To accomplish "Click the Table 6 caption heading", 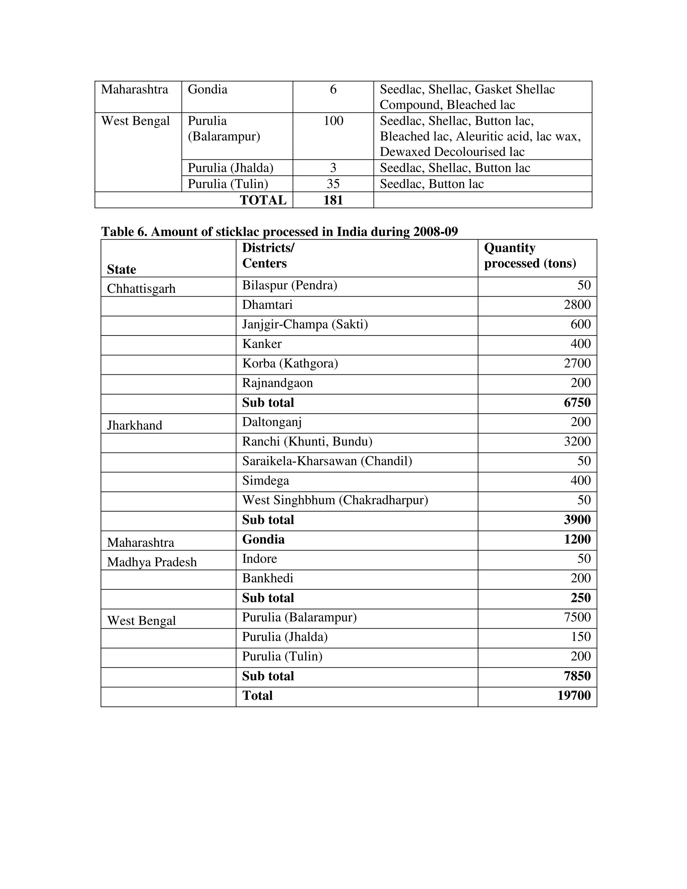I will pos(279,231).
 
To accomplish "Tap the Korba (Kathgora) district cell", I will pos(290,363).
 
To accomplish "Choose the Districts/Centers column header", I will pos(268,256).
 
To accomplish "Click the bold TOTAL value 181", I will pos(333,200).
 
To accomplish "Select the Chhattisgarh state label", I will pos(141,289).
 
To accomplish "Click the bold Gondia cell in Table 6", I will pos(263,539).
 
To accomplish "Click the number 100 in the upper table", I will pos(333,121).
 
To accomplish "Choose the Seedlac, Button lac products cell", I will pos(431,184).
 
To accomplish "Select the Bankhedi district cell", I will pos(267,578).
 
